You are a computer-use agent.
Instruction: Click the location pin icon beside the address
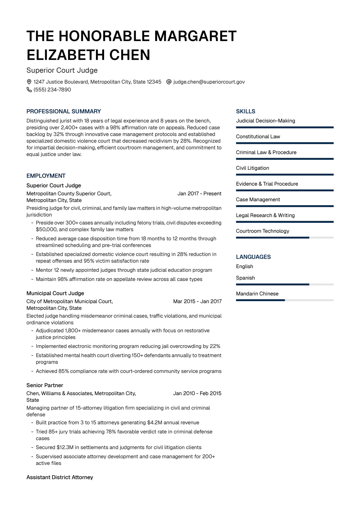pyautogui.click(x=29, y=82)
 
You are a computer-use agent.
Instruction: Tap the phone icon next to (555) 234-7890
pyautogui.click(x=29, y=90)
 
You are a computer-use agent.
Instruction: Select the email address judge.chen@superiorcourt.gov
pyautogui.click(x=209, y=82)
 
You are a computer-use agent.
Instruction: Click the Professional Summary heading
pyautogui.click(x=64, y=111)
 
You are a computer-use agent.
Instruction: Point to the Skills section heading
pyautogui.click(x=245, y=111)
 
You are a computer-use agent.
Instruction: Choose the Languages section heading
pyautogui.click(x=253, y=257)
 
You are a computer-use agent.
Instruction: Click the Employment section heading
pyautogui.click(x=46, y=176)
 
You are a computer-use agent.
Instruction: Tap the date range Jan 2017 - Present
pyautogui.click(x=199, y=193)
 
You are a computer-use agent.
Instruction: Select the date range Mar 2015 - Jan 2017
pyautogui.click(x=197, y=301)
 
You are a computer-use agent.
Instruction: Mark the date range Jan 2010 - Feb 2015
pyautogui.click(x=197, y=393)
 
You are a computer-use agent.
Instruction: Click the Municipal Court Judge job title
pyautogui.click(x=55, y=293)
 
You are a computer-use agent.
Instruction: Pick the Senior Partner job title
pyautogui.click(x=45, y=385)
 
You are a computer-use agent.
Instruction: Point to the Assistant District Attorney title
pyautogui.click(x=60, y=477)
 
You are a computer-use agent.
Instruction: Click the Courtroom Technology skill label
pyautogui.click(x=262, y=231)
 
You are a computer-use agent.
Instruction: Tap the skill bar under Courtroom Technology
pyautogui.click(x=284, y=238)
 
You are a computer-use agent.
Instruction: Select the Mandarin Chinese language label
pyautogui.click(x=257, y=294)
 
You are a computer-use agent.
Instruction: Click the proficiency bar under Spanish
pyautogui.click(x=284, y=284)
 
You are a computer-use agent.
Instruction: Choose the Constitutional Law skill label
pyautogui.click(x=258, y=136)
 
